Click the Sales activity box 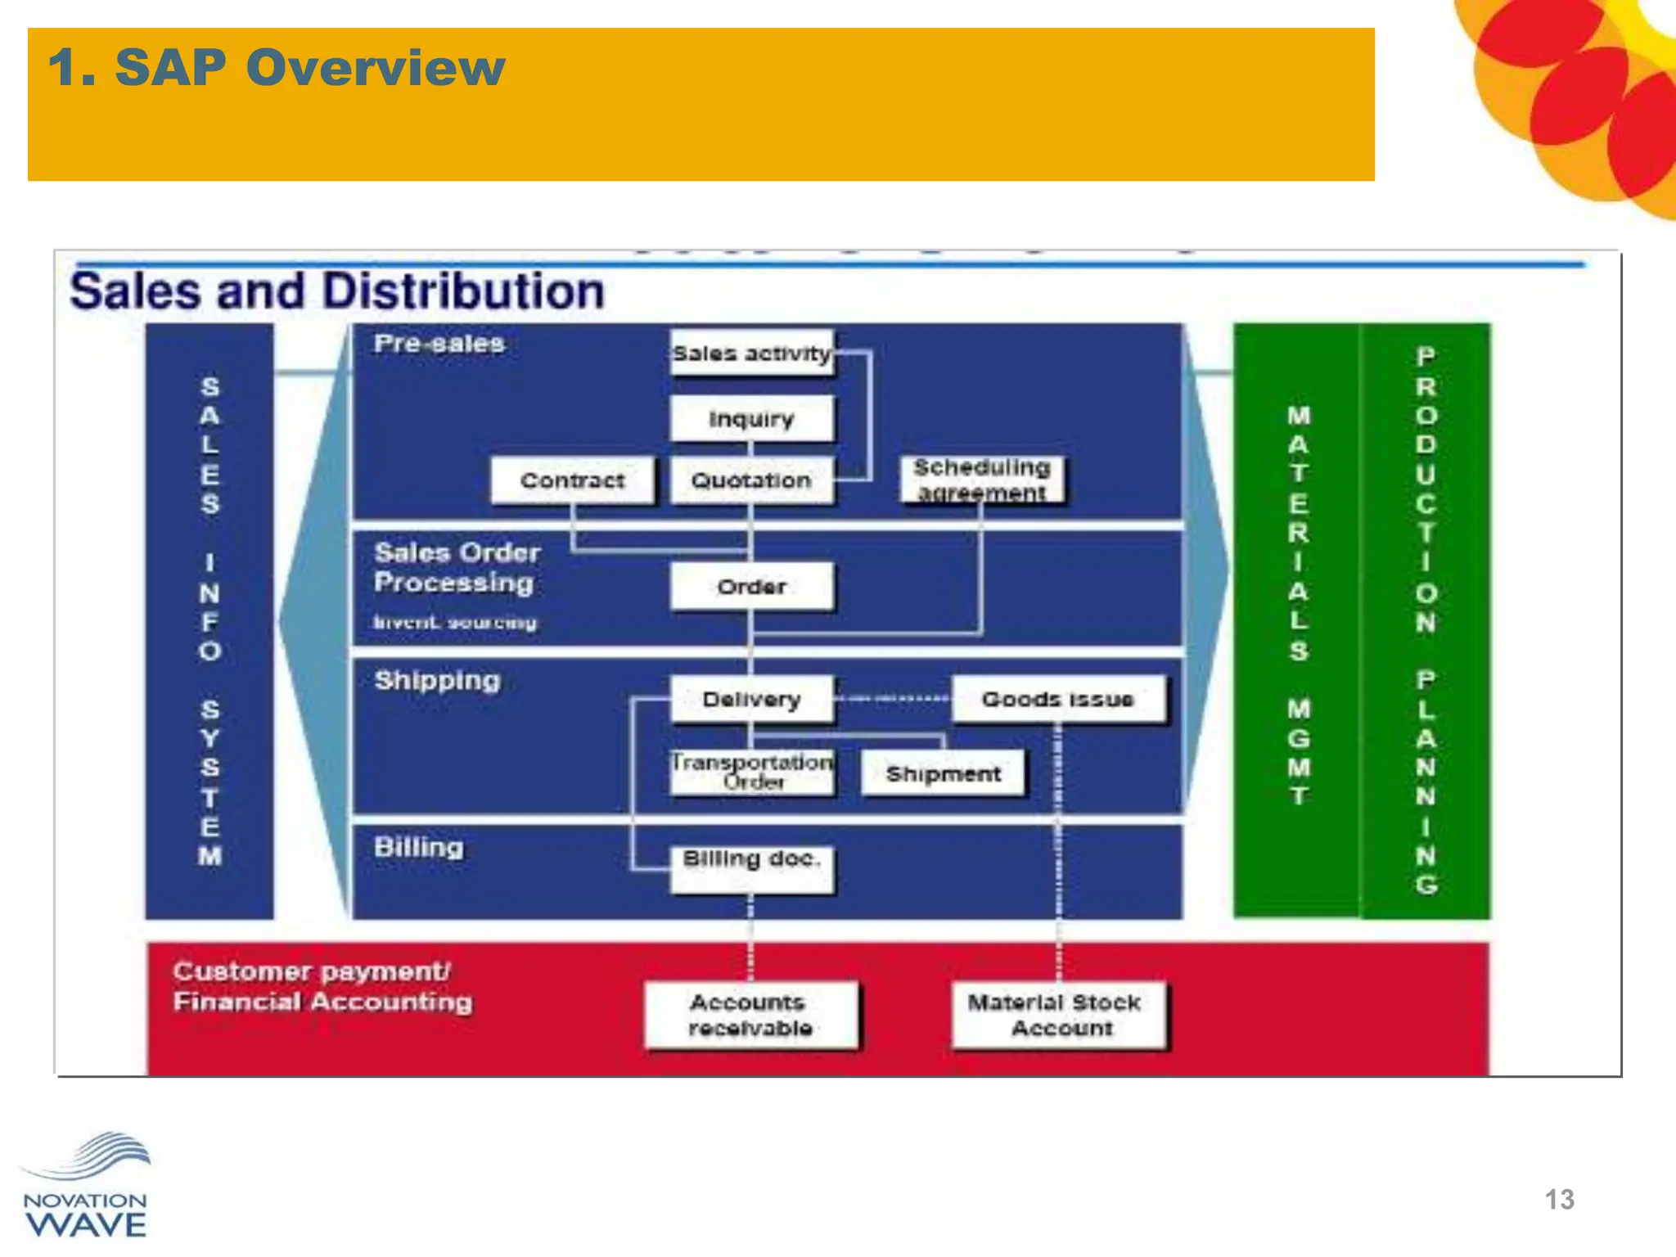[x=751, y=353]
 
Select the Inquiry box [x=751, y=418]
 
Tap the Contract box [x=572, y=480]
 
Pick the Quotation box [x=751, y=480]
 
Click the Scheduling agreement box [x=982, y=480]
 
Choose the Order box [x=751, y=586]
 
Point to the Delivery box [x=751, y=699]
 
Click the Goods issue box [x=1057, y=699]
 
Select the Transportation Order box [x=751, y=772]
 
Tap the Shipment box [x=943, y=773]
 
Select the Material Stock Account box [x=1057, y=1015]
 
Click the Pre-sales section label [x=439, y=344]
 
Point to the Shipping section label [x=437, y=680]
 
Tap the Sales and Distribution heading [x=337, y=291]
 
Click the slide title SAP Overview [x=277, y=67]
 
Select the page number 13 [x=1559, y=1200]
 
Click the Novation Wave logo [x=86, y=1187]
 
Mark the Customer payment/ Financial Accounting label [x=322, y=987]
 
